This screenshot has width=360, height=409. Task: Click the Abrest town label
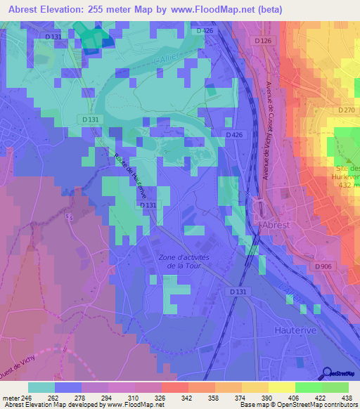275,226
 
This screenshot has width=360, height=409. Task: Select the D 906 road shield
323,266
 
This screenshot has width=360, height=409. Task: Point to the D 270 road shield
346,110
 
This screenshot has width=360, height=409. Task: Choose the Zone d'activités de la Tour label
184,261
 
